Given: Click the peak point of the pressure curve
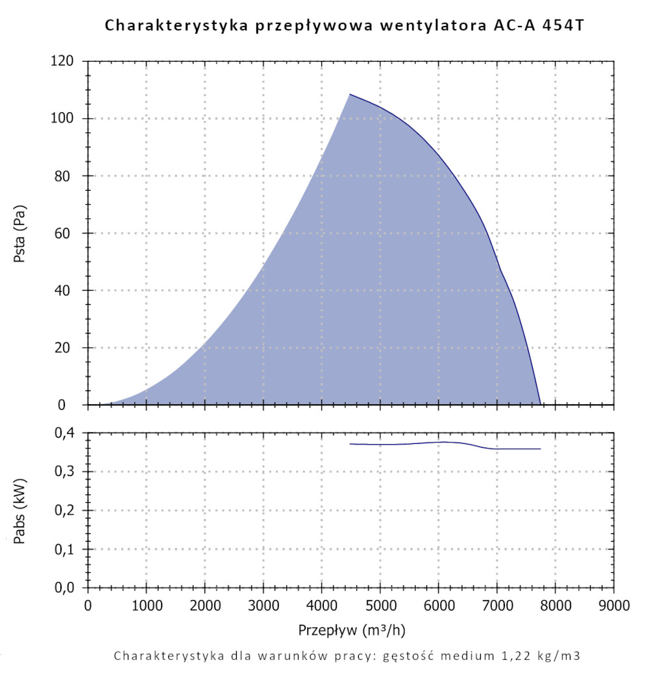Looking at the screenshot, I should (350, 94).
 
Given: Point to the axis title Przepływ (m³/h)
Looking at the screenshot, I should (352, 630).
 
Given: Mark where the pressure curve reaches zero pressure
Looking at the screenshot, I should (540, 404).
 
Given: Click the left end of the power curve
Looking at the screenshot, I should (350, 444).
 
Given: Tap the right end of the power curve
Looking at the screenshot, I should (540, 449).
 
